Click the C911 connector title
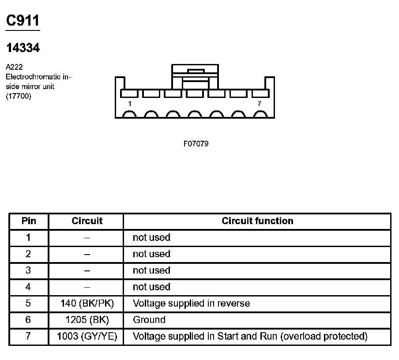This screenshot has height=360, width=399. click(23, 20)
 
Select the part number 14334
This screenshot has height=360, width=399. click(23, 48)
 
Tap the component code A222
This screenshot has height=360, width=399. click(14, 67)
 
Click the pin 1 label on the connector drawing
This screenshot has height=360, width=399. click(129, 104)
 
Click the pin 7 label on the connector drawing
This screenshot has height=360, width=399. click(259, 104)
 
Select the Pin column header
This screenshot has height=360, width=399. click(29, 221)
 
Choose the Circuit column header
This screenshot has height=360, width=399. click(87, 221)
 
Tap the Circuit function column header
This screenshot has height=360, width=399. click(257, 221)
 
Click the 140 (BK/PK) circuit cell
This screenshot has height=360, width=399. click(87, 304)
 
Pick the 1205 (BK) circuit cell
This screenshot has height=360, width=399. click(87, 320)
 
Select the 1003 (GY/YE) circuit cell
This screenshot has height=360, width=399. click(87, 337)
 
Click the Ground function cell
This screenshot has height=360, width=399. click(149, 320)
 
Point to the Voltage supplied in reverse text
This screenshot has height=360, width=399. click(191, 304)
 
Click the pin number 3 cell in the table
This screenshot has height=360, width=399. click(29, 270)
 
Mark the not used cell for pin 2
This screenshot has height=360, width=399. click(151, 254)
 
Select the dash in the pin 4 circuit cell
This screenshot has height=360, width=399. click(87, 287)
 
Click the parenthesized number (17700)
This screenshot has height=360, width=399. click(19, 97)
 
